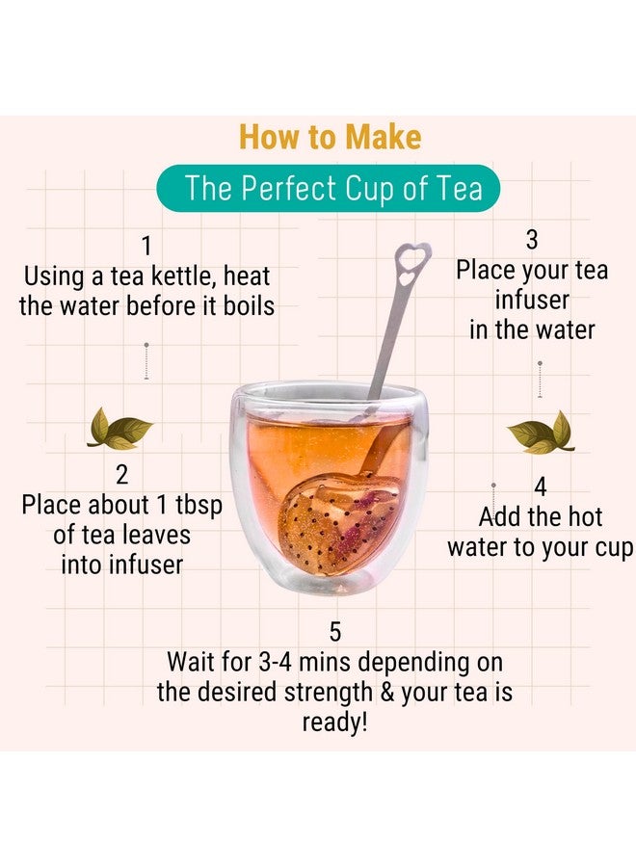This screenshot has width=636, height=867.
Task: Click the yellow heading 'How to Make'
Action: pos(331,137)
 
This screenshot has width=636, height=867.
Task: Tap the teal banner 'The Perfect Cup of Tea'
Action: pos(329,188)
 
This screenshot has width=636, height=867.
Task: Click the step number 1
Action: pos(146,246)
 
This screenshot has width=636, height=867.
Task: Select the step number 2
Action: pos(121,475)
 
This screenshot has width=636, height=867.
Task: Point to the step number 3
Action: pos(532,240)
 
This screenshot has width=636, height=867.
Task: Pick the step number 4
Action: pos(541,487)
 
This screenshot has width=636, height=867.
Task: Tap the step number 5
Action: pos(335,632)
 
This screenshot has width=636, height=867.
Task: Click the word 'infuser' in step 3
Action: pos(532,301)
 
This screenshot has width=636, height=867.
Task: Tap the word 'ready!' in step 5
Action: pos(334,722)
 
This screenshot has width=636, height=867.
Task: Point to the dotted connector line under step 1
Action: pos(146,361)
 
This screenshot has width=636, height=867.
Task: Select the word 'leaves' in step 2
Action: pos(156,536)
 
